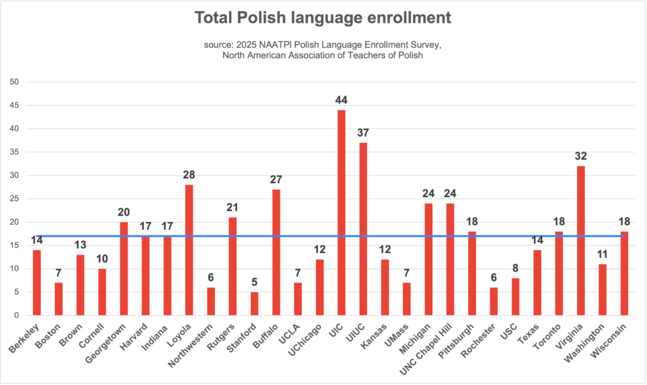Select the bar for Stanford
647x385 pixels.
point(254,303)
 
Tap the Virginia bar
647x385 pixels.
point(581,240)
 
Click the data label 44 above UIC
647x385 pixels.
point(341,100)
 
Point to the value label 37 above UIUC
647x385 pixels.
point(363,133)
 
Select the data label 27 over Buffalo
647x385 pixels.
point(275,180)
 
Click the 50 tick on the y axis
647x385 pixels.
point(14,82)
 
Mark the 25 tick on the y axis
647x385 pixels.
point(14,199)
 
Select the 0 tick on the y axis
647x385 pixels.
point(16,315)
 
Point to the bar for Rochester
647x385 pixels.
point(494,302)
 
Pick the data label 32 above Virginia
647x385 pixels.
point(581,156)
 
